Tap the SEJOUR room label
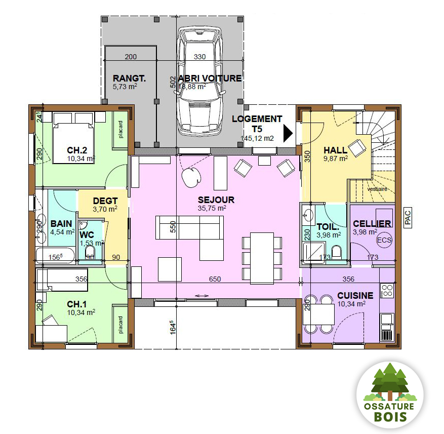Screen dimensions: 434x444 coord(216,200)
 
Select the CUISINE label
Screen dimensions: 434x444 coord(355,296)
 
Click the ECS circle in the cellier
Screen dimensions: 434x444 coord(384,240)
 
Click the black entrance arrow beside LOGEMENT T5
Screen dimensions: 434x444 coord(288,134)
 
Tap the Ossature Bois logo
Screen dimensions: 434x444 coord(389,396)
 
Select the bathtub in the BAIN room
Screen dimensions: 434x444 coord(55,254)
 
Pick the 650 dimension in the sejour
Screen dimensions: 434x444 coord(215,279)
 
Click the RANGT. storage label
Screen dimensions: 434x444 coord(129,78)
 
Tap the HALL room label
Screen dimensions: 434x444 coord(335,150)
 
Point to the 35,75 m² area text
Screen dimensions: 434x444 coord(212,208)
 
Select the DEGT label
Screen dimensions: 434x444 coord(105,201)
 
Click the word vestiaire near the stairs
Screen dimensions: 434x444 coord(377,188)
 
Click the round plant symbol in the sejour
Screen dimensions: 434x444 coord(191,176)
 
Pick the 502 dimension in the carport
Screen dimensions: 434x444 coord(173,83)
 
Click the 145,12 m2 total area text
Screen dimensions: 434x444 coord(257,138)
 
